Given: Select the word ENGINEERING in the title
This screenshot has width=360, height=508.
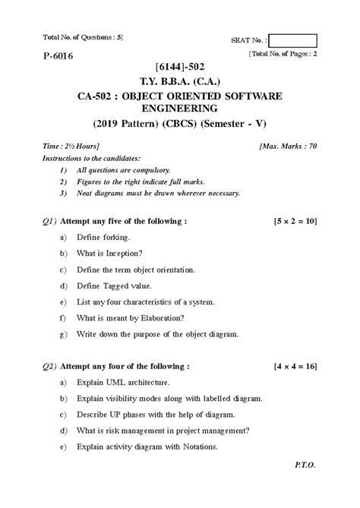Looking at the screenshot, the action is (179, 109).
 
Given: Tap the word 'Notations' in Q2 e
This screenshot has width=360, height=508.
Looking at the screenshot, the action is (200, 446).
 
